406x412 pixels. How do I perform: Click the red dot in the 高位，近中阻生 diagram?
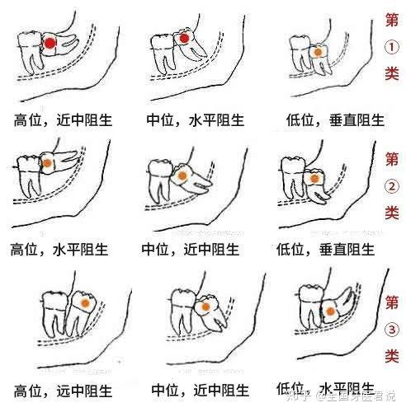pyautogui.click(x=50, y=43)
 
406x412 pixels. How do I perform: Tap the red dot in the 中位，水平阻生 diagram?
pyautogui.click(x=184, y=39)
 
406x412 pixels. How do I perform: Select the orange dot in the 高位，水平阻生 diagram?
pyautogui.click(x=47, y=163)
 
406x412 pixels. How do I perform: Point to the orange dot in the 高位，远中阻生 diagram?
pyautogui.click(x=85, y=303)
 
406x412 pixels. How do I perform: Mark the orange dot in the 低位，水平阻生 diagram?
pyautogui.click(x=330, y=311)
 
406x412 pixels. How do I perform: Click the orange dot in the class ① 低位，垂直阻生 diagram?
pyautogui.click(x=318, y=52)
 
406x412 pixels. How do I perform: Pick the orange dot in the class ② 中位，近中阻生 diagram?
pyautogui.click(x=182, y=176)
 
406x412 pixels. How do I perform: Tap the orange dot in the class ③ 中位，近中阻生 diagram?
pyautogui.click(x=205, y=307)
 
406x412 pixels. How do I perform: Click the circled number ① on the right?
pyautogui.click(x=391, y=48)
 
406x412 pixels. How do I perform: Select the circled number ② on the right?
pyautogui.click(x=391, y=187)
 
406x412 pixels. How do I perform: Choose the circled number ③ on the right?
pyautogui.click(x=392, y=330)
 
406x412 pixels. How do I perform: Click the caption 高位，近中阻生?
pyautogui.click(x=63, y=120)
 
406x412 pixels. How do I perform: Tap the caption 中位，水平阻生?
pyautogui.click(x=196, y=120)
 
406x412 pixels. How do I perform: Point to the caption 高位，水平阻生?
pyautogui.click(x=59, y=250)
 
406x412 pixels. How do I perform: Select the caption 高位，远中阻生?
pyautogui.click(x=63, y=391)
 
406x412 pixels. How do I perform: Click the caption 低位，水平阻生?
pyautogui.click(x=325, y=388)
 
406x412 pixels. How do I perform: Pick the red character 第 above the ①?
pyautogui.click(x=392, y=20)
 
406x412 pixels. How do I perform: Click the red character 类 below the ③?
pyautogui.click(x=392, y=356)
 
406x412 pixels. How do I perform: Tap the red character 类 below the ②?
pyautogui.click(x=392, y=213)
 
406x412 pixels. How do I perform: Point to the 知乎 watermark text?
pyautogui.click(x=298, y=396)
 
